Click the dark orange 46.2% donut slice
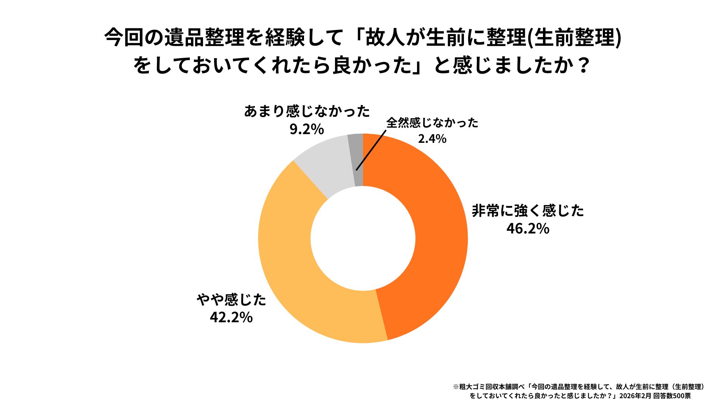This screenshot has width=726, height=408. pos(439,234)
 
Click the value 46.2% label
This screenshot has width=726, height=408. pos(528,229)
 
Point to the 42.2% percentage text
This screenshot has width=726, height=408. pos(231,317)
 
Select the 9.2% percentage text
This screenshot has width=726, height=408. pos(307,129)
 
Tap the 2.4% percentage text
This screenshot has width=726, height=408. pos(432,139)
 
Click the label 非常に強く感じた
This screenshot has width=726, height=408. pos(528,210)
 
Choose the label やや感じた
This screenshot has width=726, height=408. pos(231,300)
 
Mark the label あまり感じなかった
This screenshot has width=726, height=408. pos(307,111)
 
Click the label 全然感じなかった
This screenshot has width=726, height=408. pos(432,122)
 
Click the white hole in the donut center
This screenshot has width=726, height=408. pos(363,238)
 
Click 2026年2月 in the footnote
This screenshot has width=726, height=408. pos(635,396)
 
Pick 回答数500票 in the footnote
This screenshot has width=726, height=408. pos(672,396)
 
